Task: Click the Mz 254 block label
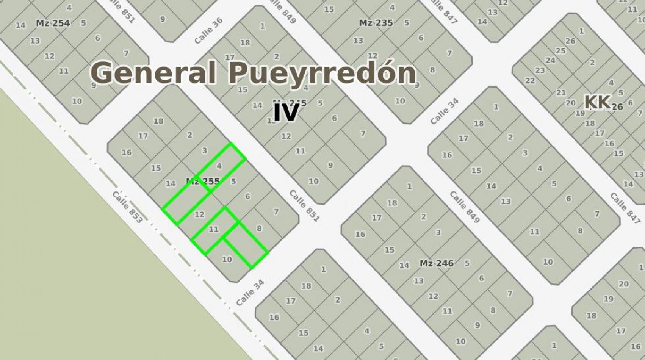[x=53, y=23]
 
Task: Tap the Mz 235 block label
[x=376, y=23]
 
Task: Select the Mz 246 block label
[x=436, y=263]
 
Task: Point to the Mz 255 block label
[x=203, y=181]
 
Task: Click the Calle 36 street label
[x=208, y=30]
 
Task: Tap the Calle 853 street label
[x=127, y=207]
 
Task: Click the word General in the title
[x=153, y=73]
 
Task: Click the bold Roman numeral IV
[x=286, y=113]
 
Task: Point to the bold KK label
[x=597, y=102]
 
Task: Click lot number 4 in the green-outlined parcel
[x=219, y=166]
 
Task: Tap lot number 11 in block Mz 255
[x=214, y=229]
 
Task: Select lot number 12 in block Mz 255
[x=199, y=214]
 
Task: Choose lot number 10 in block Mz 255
[x=227, y=260]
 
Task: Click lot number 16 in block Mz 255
[x=126, y=152]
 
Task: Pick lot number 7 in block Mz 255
[x=276, y=212]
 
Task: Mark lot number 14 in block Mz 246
[x=404, y=265]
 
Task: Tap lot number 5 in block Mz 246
[x=467, y=263]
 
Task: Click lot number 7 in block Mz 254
[x=126, y=53]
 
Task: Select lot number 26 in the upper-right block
[x=570, y=41]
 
